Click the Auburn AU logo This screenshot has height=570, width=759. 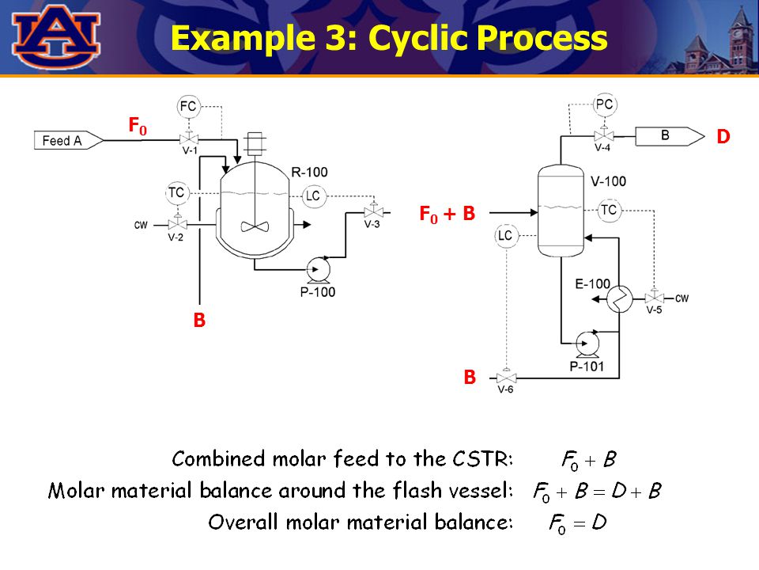tap(56, 36)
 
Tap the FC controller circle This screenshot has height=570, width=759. tap(188, 106)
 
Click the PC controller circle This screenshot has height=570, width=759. tap(605, 104)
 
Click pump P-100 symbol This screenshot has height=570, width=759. tap(319, 270)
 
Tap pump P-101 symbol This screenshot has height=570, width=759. tap(587, 343)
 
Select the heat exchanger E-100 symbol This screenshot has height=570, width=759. tap(619, 298)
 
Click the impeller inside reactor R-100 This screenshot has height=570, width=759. tap(255, 226)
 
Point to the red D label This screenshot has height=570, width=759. tap(723, 137)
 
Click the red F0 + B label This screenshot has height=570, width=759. tap(447, 213)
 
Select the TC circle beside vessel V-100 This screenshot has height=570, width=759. tap(609, 210)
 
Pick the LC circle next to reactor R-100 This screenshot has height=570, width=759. tap(314, 196)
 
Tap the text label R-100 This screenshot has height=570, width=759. tap(309, 172)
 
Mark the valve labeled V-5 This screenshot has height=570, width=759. tap(654, 298)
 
